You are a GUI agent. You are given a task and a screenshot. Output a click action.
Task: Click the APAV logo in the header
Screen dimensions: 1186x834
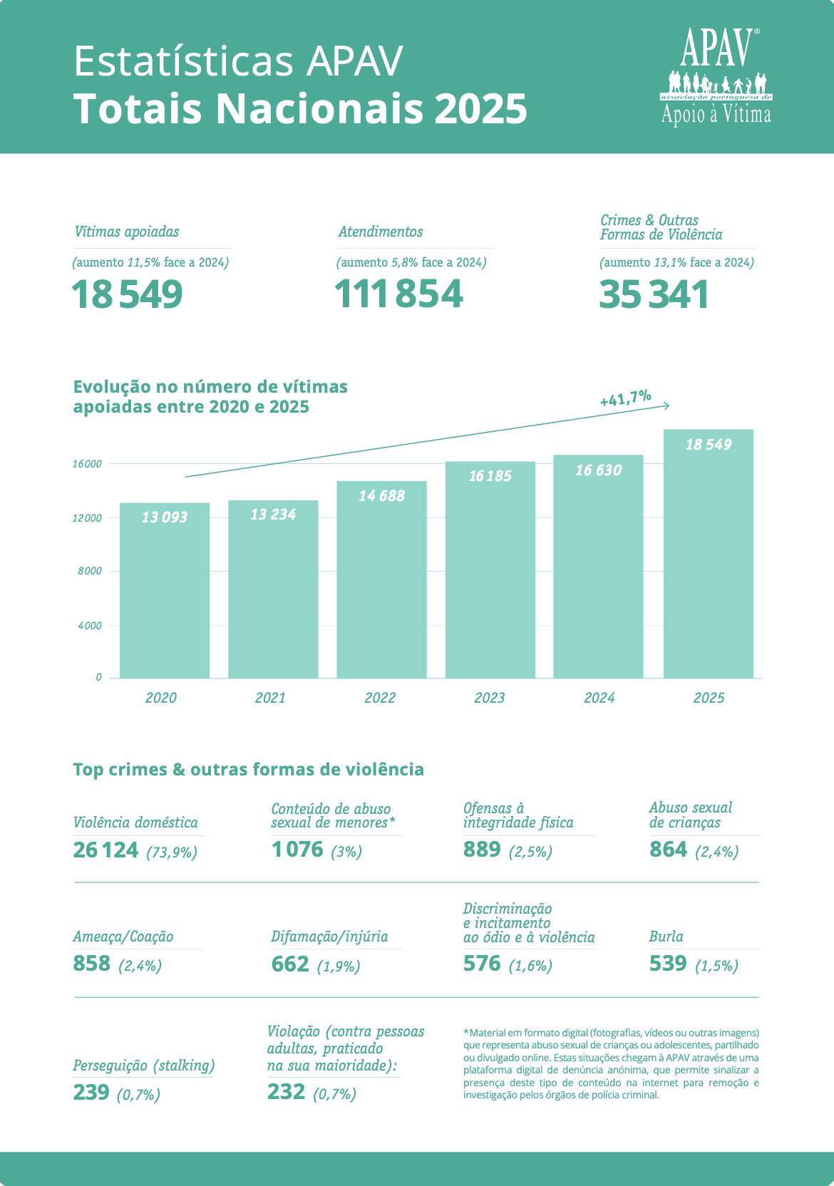(716, 76)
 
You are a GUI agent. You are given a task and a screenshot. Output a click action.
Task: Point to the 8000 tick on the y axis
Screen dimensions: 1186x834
(90, 571)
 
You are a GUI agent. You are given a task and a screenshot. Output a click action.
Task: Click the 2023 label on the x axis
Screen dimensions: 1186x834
(489, 698)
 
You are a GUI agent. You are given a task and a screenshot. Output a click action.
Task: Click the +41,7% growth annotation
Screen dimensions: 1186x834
(625, 398)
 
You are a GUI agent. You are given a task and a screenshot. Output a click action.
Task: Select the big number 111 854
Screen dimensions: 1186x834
(398, 294)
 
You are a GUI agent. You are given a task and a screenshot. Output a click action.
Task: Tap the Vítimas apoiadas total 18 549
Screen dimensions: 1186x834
(128, 294)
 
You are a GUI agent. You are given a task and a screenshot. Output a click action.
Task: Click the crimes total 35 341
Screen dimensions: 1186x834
(654, 294)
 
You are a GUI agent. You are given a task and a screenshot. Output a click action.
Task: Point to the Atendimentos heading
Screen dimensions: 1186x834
(381, 232)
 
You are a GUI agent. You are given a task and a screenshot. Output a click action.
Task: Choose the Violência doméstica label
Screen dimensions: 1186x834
(135, 823)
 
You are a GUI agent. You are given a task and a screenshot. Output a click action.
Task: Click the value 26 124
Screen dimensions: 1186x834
(105, 850)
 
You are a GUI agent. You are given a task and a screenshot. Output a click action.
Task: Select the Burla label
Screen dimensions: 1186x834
(666, 937)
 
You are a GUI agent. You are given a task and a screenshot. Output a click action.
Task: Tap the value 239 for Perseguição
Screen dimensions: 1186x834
(91, 1093)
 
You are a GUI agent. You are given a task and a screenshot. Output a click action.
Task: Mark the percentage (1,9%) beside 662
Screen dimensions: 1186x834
(339, 966)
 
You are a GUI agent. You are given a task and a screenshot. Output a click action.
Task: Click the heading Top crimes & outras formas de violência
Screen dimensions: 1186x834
(248, 770)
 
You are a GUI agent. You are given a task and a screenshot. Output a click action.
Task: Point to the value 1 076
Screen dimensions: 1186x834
(297, 850)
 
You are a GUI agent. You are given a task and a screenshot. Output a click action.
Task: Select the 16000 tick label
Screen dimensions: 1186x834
(87, 464)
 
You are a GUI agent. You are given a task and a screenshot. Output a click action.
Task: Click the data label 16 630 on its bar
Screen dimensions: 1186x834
(598, 470)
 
